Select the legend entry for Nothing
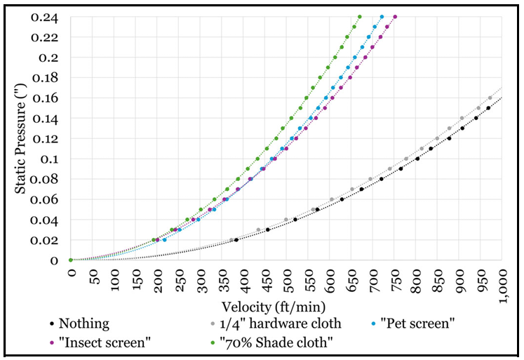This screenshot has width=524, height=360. (83, 324)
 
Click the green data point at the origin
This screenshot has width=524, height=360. (71, 260)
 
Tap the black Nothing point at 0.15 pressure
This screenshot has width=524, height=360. (488, 108)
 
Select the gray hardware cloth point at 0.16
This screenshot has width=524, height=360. (490, 98)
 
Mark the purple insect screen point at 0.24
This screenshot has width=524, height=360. (395, 17)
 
